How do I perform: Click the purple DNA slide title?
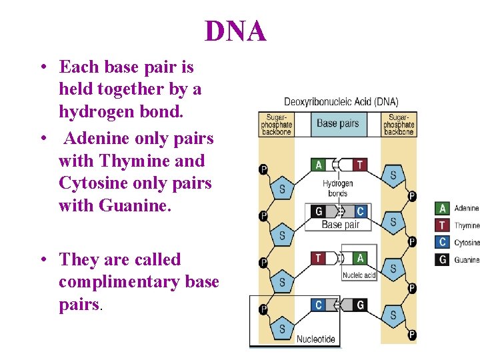tap(235, 31)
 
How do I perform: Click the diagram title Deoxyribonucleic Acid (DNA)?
tap(341, 102)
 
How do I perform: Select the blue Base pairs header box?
tap(337, 123)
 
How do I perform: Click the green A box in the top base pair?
tap(319, 165)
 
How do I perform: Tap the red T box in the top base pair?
tap(360, 165)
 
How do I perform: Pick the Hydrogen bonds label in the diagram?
tap(338, 188)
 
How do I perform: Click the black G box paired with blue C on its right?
tap(319, 211)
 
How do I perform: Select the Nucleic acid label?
tap(359, 275)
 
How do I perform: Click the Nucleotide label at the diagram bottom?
tap(315, 339)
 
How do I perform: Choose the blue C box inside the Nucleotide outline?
tap(319, 305)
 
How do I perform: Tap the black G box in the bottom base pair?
tap(360, 305)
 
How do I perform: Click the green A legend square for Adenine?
tap(442, 209)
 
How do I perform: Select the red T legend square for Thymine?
tap(442, 225)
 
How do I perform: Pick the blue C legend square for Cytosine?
tap(442, 243)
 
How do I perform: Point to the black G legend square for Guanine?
tap(442, 260)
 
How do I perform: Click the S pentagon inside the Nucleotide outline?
tap(282, 328)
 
